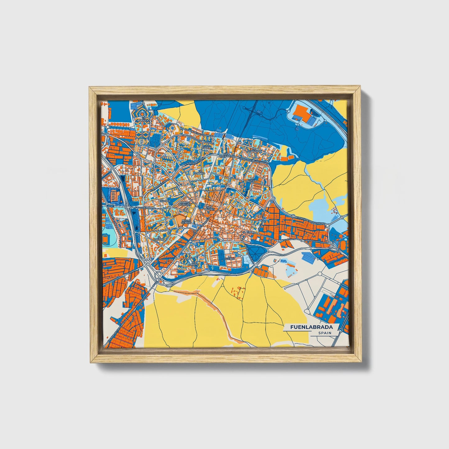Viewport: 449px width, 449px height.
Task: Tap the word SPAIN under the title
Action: pyautogui.click(x=324, y=333)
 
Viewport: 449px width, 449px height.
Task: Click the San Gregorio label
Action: pyautogui.click(x=226, y=154)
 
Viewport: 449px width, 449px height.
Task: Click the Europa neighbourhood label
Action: pyautogui.click(x=165, y=201)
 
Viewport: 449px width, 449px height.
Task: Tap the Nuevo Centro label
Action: pyautogui.click(x=186, y=222)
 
